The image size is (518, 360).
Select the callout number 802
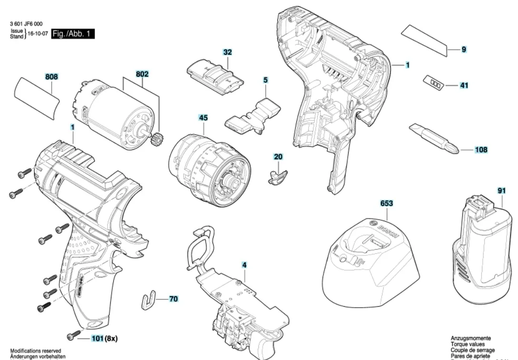click(x=142, y=74)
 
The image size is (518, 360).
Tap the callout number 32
click(x=227, y=51)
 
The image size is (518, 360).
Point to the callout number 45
click(x=203, y=116)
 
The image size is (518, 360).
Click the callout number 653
click(x=386, y=203)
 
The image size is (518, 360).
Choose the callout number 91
click(x=501, y=191)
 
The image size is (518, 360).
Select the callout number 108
click(x=481, y=150)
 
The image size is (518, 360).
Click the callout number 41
click(x=464, y=86)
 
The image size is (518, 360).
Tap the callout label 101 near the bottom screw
click(x=97, y=339)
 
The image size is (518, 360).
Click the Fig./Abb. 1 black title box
click(x=73, y=34)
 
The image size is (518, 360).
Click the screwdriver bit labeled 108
click(x=433, y=139)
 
